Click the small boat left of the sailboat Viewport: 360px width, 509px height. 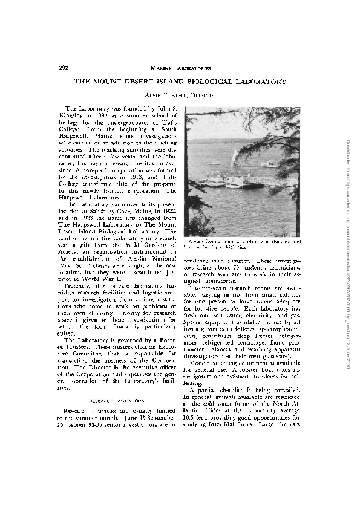click(x=215, y=163)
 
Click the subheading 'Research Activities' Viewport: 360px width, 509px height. click(x=117, y=400)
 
